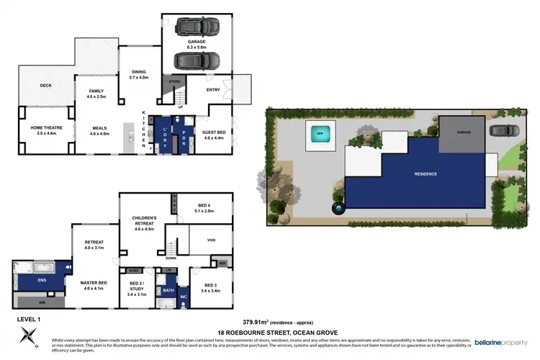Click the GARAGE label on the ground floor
click(197, 42)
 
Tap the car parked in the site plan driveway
click(500, 131)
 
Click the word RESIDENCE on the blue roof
click(425, 174)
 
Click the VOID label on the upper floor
click(211, 240)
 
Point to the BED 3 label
click(211, 285)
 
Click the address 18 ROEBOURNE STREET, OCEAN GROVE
click(269, 330)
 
